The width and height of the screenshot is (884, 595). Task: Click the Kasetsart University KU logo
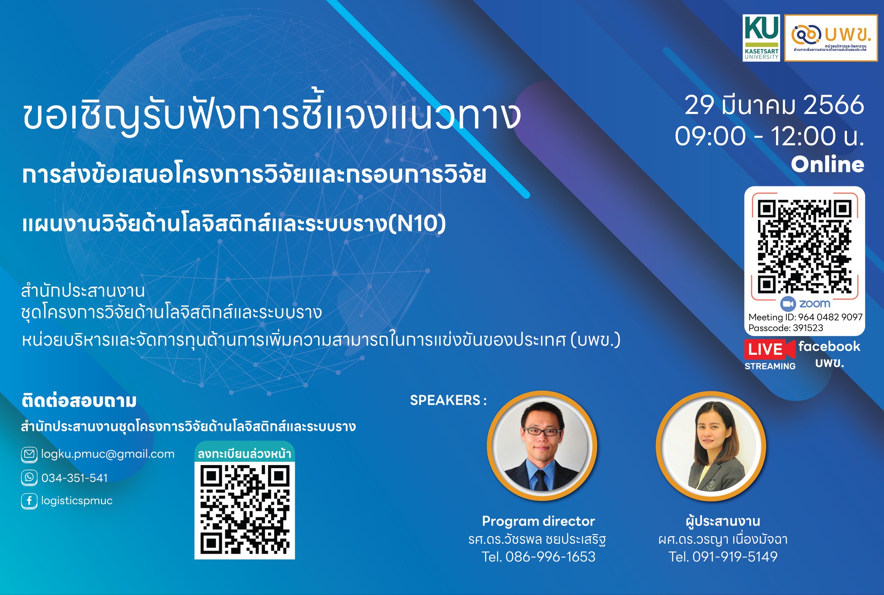click(761, 38)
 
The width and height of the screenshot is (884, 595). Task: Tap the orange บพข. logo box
click(831, 38)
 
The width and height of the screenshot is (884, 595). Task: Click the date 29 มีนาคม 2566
click(774, 106)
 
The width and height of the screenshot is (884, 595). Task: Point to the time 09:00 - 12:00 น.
click(770, 136)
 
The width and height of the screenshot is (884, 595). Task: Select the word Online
click(827, 164)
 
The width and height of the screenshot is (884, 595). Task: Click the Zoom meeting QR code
click(805, 246)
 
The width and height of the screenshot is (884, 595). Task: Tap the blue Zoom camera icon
click(788, 304)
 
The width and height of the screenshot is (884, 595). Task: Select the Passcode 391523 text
click(786, 328)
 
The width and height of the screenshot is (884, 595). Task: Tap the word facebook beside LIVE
click(829, 346)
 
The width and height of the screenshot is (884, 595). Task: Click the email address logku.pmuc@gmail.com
click(108, 454)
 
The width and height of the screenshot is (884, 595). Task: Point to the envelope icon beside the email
click(29, 454)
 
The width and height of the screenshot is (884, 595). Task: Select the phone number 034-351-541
click(75, 478)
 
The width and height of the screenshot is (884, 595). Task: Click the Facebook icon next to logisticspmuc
click(29, 501)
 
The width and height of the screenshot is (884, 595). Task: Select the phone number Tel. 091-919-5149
click(723, 557)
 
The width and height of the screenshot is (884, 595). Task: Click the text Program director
click(538, 521)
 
